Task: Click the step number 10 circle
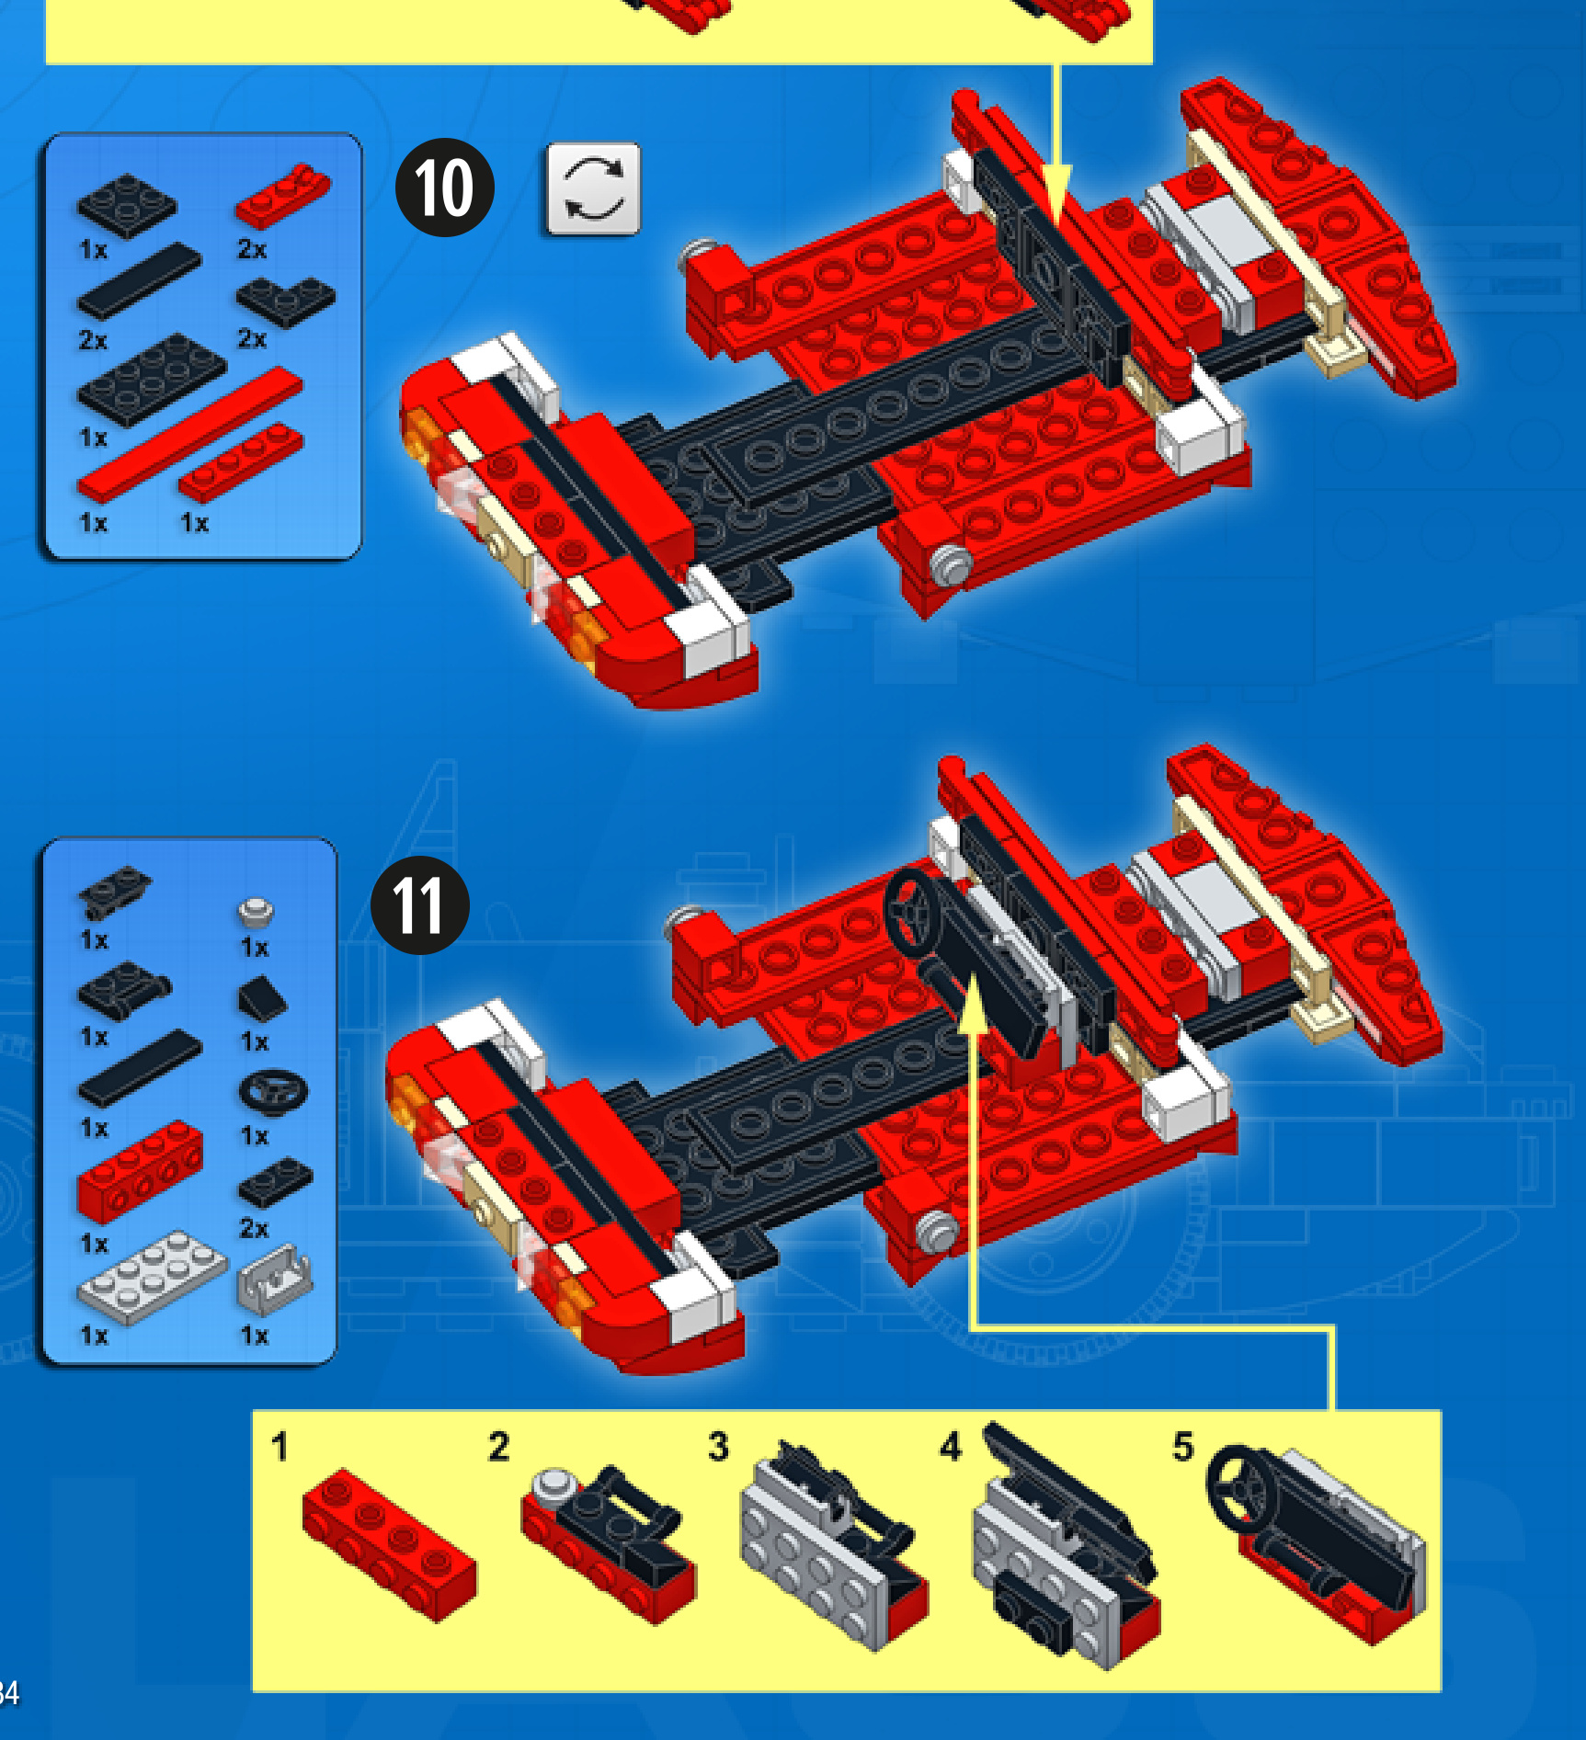pos(445,188)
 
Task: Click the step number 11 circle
pos(420,904)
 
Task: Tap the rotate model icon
pos(593,188)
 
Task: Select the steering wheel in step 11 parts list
pos(273,1091)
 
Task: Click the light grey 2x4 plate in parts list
pos(152,1277)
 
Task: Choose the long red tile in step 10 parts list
pos(190,434)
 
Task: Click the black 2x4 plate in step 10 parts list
pos(152,380)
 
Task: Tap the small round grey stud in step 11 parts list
pos(256,911)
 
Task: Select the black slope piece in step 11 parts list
pos(262,999)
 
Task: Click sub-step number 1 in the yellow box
pos(280,1446)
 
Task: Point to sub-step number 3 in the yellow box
pos(718,1446)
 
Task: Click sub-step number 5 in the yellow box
pos(1183,1446)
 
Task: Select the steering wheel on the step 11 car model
pos(913,914)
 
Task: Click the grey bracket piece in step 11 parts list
pos(274,1279)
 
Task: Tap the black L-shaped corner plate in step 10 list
pos(286,301)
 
